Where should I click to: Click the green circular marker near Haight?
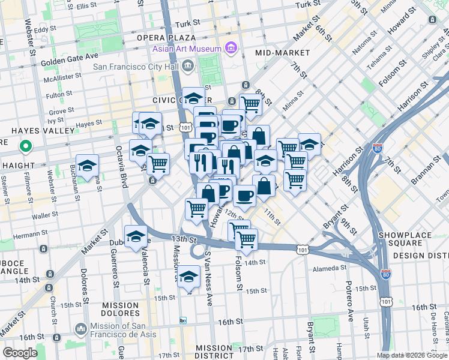(x=26, y=146)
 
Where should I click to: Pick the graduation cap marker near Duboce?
(x=136, y=236)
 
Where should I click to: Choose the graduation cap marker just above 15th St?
(x=188, y=276)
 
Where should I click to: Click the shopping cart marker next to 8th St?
(x=251, y=104)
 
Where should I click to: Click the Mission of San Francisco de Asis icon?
(x=81, y=329)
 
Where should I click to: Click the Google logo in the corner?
(x=20, y=353)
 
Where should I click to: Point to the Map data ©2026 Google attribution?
(x=412, y=355)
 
